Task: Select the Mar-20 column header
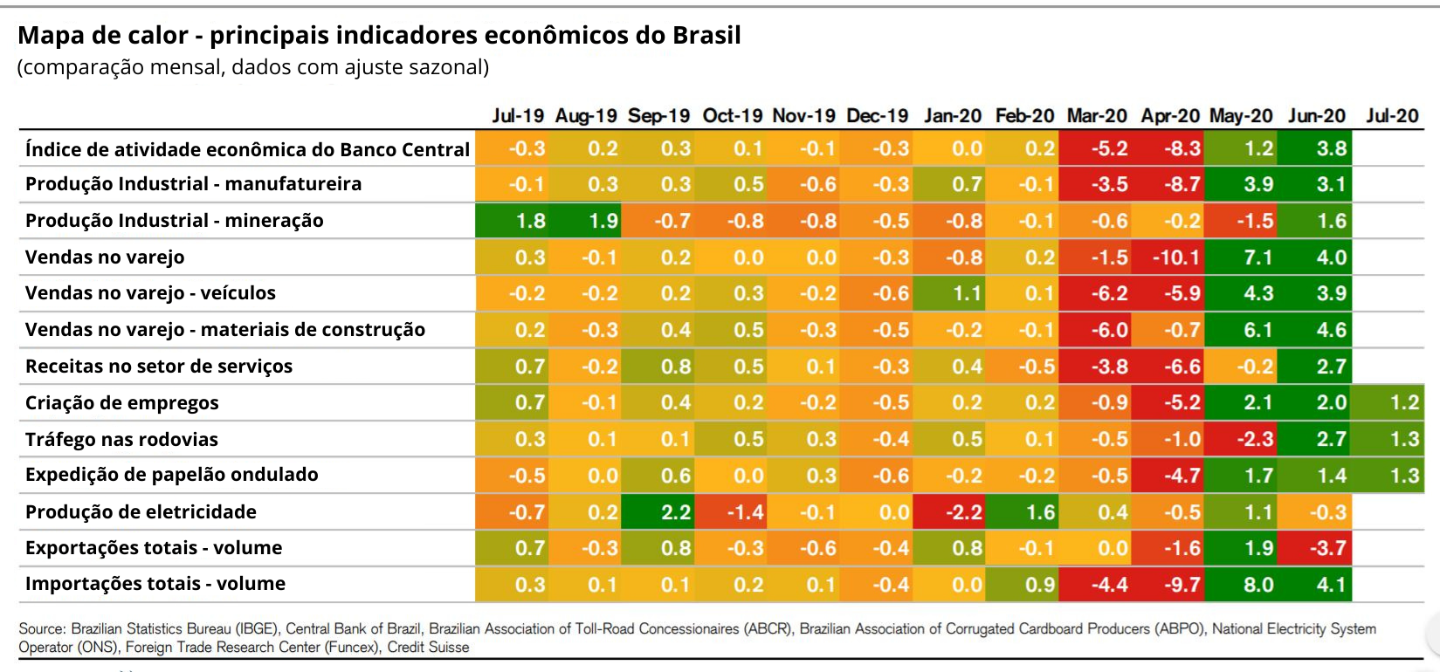[x=1097, y=116]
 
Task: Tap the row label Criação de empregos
[x=122, y=403]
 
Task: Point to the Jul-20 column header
[x=1392, y=116]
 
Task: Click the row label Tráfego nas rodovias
[x=121, y=440]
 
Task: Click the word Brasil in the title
[x=706, y=36]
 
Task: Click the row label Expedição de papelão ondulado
[x=172, y=475]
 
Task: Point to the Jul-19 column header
[x=518, y=116]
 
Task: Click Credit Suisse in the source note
[x=428, y=648]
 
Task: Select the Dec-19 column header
[x=877, y=116]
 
